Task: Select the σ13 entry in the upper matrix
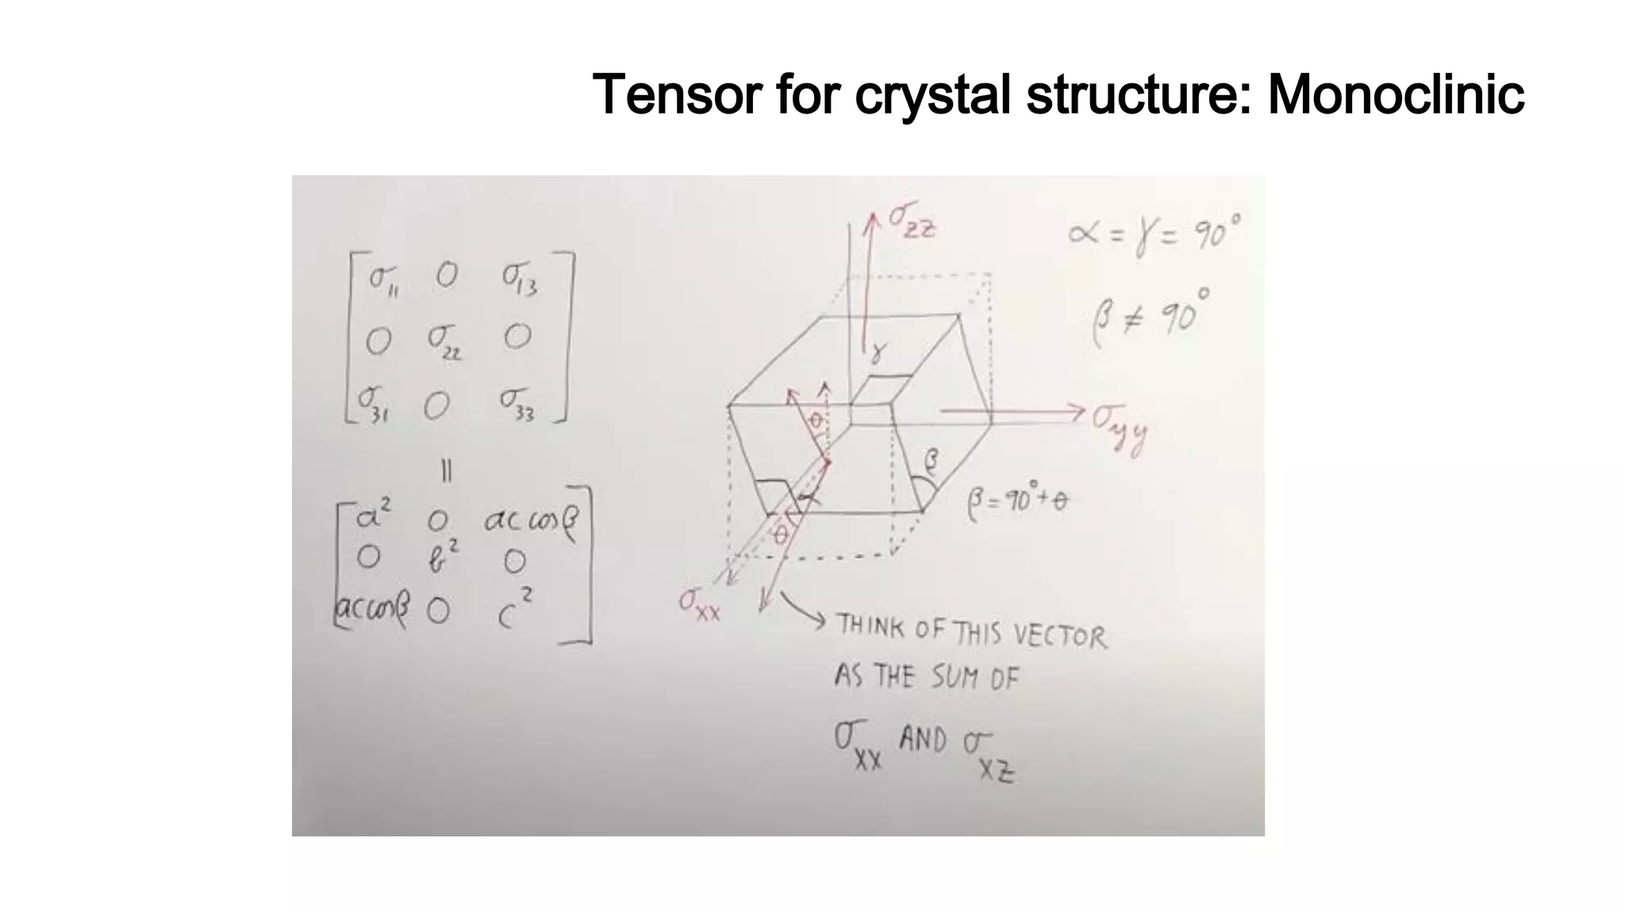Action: tap(520, 278)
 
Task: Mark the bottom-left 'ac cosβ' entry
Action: tap(372, 609)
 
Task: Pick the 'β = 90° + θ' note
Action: tap(1018, 501)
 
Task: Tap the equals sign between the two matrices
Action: tap(446, 472)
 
